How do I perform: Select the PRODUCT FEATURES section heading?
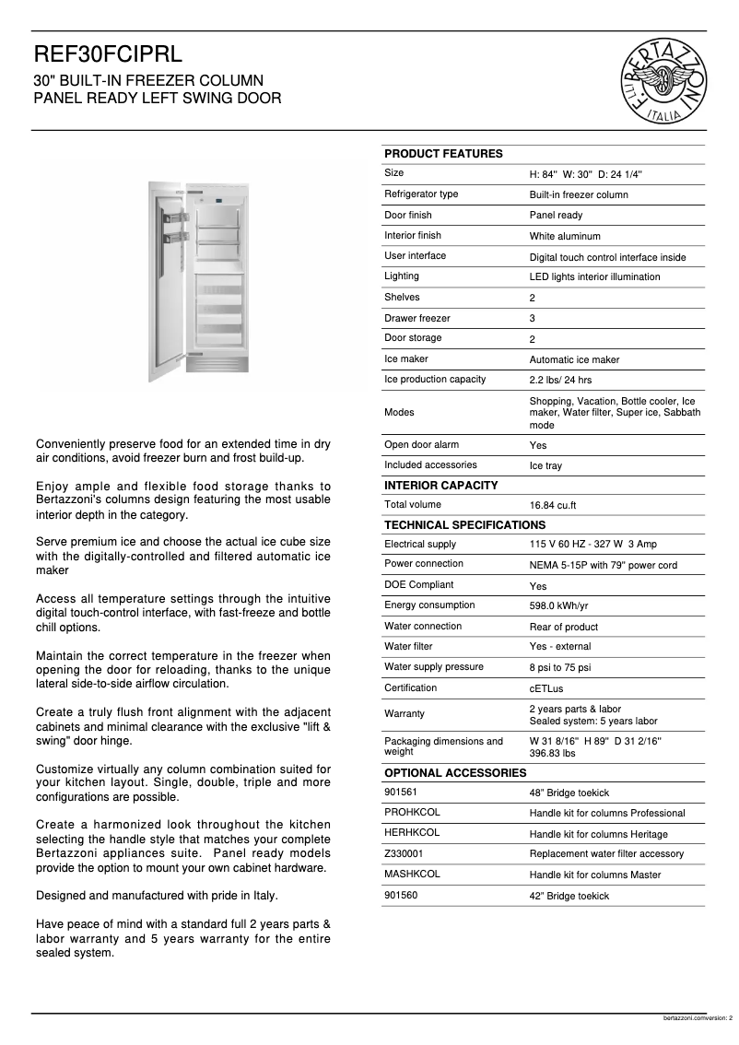[x=443, y=154]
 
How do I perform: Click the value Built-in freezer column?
[x=578, y=194]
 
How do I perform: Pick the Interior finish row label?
[x=412, y=236]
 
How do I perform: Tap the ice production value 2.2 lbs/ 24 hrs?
[x=560, y=381]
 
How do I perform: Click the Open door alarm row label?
[x=421, y=445]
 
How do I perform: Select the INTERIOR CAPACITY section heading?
[x=440, y=486]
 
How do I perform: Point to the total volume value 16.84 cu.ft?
[x=553, y=506]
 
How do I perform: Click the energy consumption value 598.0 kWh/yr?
[x=558, y=606]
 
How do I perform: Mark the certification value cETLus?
[x=547, y=689]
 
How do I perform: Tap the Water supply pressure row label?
[x=433, y=667]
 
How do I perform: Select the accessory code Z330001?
[x=404, y=854]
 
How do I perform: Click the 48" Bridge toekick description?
[x=569, y=793]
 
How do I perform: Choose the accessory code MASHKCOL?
[x=412, y=875]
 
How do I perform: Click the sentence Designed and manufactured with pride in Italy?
[x=157, y=896]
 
